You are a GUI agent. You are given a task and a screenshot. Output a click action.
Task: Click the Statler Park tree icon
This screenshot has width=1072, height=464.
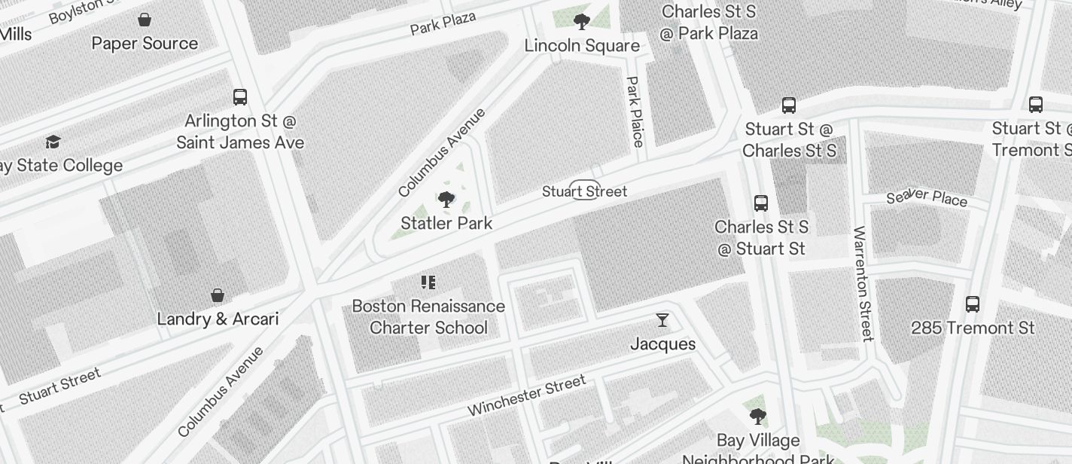446,200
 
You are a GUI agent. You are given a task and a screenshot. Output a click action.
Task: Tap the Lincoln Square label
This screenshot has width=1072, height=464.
582,46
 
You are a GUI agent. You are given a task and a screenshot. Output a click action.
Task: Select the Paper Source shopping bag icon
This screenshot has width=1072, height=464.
145,20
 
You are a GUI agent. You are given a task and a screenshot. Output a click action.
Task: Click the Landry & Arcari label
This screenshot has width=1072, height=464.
218,319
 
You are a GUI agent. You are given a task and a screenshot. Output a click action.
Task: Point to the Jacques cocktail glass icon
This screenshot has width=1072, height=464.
662,320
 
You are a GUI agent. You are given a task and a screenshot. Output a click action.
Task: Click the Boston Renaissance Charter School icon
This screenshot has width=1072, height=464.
428,282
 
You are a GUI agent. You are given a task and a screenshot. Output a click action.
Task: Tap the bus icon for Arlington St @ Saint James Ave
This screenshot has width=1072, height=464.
240,97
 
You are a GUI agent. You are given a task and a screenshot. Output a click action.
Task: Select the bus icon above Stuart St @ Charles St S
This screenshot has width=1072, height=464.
789,105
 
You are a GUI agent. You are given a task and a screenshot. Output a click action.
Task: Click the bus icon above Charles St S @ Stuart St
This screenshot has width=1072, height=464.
761,203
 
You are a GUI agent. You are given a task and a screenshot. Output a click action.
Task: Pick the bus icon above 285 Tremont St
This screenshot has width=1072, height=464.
973,305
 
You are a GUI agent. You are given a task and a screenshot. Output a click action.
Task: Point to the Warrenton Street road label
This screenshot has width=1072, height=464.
863,283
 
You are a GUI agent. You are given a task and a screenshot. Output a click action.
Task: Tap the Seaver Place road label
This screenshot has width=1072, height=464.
927,197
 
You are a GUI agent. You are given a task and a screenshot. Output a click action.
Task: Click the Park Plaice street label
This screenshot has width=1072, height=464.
635,111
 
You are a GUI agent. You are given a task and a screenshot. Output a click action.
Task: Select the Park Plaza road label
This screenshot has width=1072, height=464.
443,23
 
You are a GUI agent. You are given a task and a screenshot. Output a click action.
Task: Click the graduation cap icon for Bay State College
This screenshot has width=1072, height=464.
53,142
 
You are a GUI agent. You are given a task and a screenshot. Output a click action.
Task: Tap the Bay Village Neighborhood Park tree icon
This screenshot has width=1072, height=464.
758,417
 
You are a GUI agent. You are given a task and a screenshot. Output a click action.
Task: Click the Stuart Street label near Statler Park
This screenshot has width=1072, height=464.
584,191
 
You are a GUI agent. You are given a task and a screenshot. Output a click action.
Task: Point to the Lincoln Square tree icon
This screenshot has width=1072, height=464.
581,21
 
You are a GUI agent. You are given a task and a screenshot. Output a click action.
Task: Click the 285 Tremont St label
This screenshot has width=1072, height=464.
973,328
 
